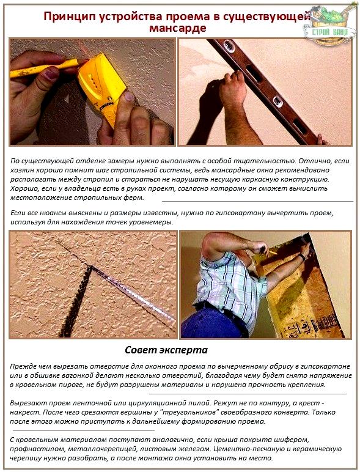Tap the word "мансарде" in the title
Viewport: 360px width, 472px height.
178,28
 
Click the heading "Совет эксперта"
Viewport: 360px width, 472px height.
166,350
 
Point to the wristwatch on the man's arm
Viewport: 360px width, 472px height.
301,256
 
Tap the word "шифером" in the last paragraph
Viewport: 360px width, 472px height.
292,440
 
